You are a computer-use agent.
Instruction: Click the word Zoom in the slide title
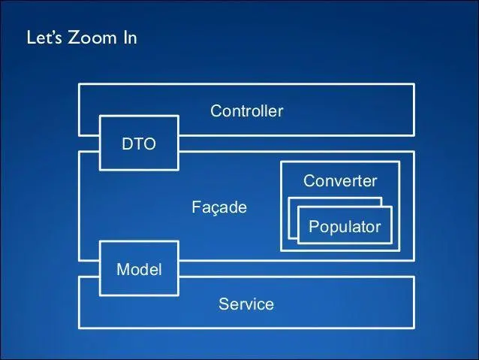pos(92,38)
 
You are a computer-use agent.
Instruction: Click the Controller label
pos(246,111)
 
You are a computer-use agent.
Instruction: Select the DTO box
pos(139,144)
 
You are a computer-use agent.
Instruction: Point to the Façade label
pos(218,207)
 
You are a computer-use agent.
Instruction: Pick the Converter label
pos(339,181)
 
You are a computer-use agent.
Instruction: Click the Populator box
pos(345,226)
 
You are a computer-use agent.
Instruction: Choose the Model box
pos(139,268)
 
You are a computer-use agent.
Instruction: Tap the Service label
pos(246,304)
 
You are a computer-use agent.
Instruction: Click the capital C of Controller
pos(215,111)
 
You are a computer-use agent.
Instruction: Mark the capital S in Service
pos(223,304)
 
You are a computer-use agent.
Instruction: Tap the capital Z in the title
pos(74,38)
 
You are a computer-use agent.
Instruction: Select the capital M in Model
pos(122,269)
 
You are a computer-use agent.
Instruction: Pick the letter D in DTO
pos(127,144)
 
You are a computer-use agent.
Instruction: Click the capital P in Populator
pos(313,226)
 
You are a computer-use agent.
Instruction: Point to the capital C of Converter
pos(309,181)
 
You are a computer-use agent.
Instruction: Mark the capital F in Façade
pos(195,207)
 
